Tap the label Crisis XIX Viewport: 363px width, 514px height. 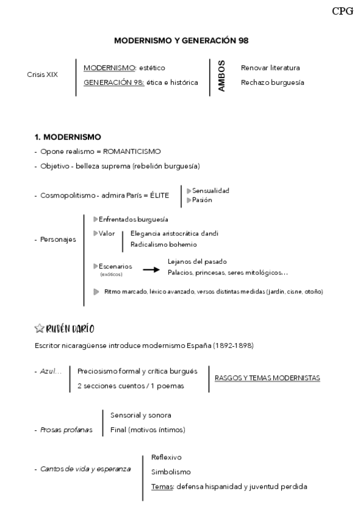(x=42, y=75)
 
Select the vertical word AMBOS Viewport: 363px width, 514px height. (x=221, y=76)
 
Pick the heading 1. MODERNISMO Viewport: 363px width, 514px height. (x=68, y=137)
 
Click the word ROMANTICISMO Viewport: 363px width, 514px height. (x=132, y=151)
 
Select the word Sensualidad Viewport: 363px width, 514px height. (x=210, y=191)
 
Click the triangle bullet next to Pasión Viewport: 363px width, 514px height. (x=188, y=200)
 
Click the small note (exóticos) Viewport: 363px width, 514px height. (x=112, y=275)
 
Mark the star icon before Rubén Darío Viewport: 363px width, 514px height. (x=39, y=328)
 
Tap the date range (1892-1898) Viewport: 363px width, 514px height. (x=233, y=345)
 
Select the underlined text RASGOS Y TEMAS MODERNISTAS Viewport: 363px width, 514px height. (x=267, y=378)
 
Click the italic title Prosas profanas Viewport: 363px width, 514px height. (x=67, y=430)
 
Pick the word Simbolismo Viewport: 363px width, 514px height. (x=171, y=472)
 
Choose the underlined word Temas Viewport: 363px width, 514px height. (x=161, y=486)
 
